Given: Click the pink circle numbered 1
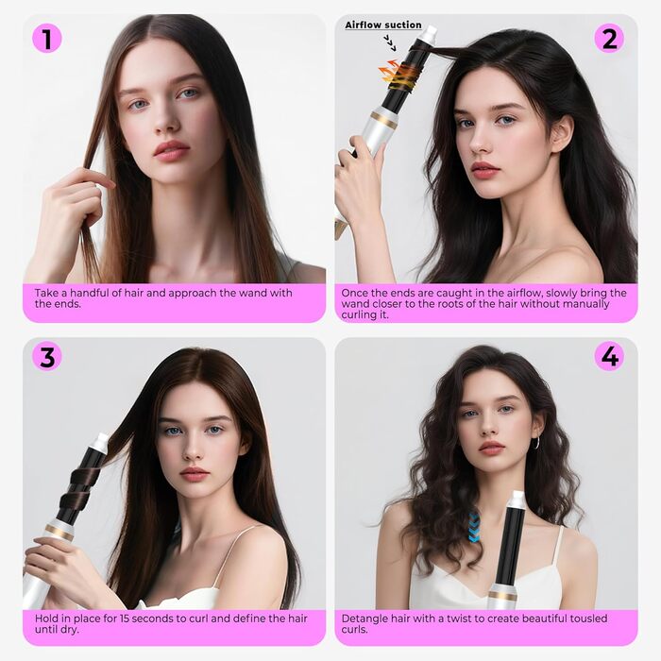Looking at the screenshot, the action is [x=47, y=39].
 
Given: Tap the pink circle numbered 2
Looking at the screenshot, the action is [x=609, y=39].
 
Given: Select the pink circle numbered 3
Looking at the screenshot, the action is [x=47, y=356].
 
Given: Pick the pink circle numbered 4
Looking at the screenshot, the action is [x=609, y=356].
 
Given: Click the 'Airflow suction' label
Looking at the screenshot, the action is [x=383, y=25].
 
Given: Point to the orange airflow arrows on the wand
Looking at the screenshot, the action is [x=389, y=72].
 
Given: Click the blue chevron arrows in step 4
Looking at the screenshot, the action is [x=475, y=527].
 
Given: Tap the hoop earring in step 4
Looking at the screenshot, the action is [x=537, y=443].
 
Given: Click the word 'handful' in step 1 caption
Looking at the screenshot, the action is [x=88, y=293].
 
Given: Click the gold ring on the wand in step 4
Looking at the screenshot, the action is [x=501, y=596].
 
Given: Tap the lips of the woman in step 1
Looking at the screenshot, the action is [x=172, y=150].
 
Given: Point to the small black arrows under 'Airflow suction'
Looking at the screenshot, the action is [x=390, y=43].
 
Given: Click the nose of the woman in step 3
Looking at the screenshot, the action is [x=193, y=449].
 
